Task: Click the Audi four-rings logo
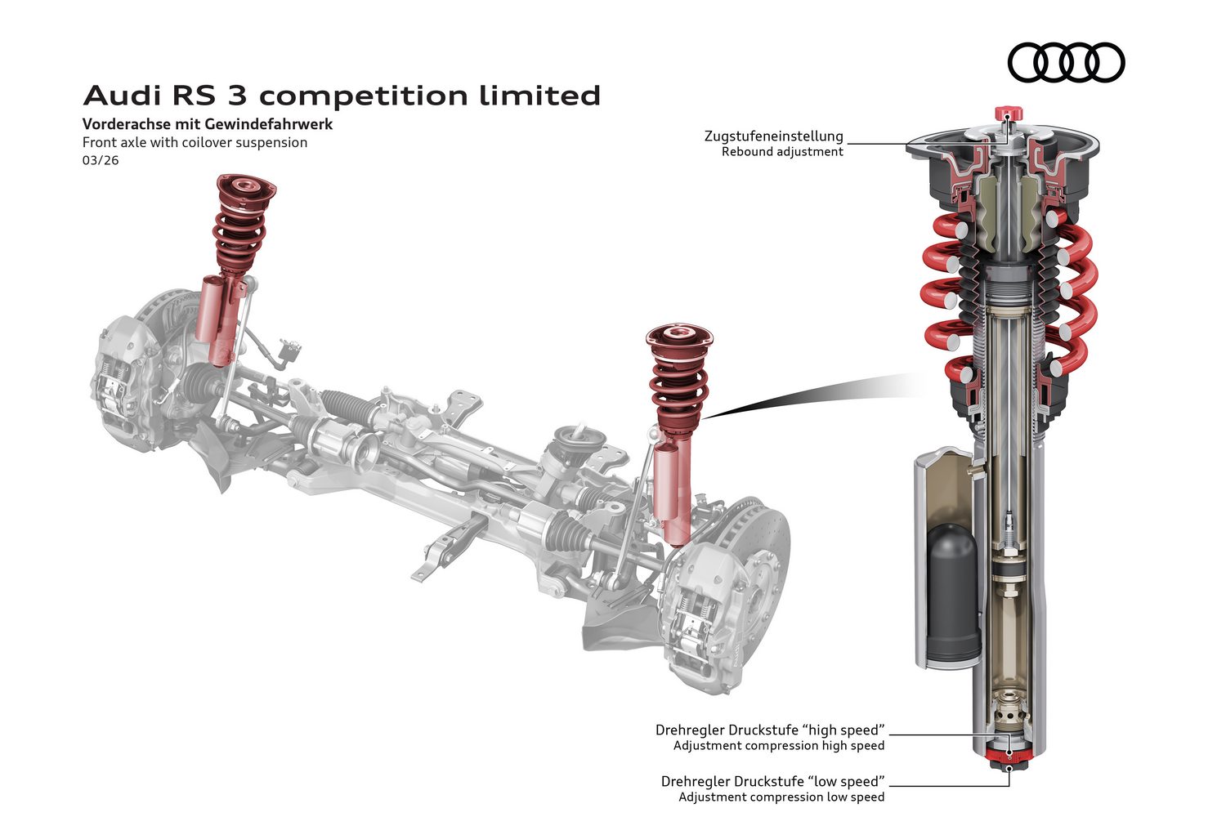(x=1066, y=62)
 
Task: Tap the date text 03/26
(x=101, y=160)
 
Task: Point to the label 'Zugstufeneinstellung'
(x=773, y=136)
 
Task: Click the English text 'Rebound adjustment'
(x=782, y=152)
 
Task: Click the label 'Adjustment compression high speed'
(x=778, y=746)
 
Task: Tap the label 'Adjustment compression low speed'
(x=781, y=797)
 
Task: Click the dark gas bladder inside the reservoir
(x=953, y=590)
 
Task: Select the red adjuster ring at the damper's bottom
(x=1009, y=752)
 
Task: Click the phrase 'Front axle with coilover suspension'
(x=195, y=142)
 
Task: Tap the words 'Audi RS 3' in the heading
(x=163, y=96)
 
